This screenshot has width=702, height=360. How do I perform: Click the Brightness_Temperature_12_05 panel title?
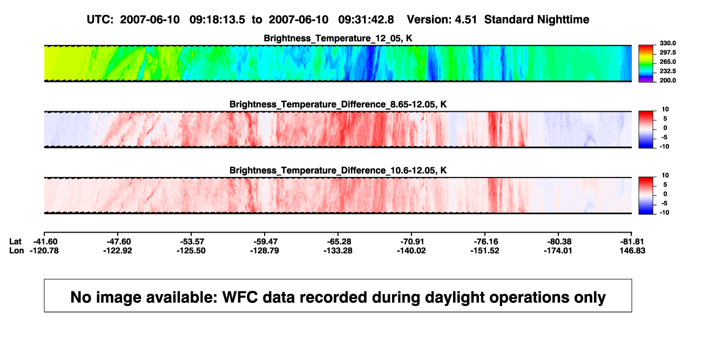coord(338,38)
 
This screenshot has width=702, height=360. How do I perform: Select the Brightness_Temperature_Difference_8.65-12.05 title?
coord(338,104)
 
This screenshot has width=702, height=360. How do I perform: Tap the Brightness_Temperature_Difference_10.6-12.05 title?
coord(338,171)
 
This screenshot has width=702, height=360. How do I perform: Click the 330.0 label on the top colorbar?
coord(667,43)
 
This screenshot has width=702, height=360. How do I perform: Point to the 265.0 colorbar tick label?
coord(667,62)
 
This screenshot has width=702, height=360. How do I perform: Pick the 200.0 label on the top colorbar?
coord(667,80)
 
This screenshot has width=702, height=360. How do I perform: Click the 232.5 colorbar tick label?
coord(667,71)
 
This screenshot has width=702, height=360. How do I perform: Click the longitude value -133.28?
coord(338,250)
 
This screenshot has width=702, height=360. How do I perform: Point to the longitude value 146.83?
coord(632,250)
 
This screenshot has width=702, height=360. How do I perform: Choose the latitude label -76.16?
coord(486,242)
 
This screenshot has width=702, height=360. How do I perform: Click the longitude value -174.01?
coord(558,250)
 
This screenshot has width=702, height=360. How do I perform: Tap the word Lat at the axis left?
coord(15,242)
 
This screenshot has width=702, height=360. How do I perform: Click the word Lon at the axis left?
coord(16,250)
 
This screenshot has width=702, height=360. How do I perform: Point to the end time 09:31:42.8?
coord(366,20)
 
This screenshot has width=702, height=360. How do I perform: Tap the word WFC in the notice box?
coord(240,297)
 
